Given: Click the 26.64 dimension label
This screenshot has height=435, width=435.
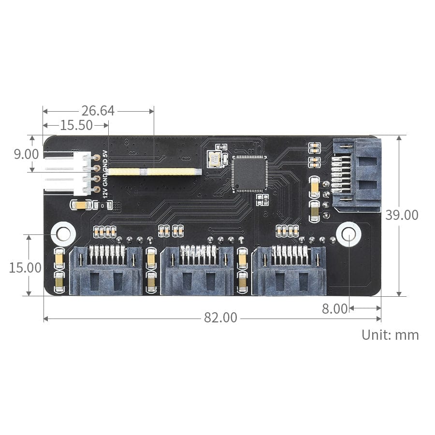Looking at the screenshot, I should (x=98, y=111).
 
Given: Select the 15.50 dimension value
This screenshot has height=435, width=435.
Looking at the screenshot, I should (x=76, y=126).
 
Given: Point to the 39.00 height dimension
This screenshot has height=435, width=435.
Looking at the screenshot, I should (x=402, y=215).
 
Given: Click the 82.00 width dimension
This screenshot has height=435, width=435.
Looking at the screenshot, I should (x=220, y=318).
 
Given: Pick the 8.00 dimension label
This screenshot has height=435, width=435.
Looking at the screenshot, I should (x=334, y=309).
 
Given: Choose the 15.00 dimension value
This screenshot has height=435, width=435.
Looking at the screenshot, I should (x=25, y=267).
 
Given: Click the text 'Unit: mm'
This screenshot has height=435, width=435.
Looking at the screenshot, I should (x=390, y=334).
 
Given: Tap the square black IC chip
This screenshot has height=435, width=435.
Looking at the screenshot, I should (x=249, y=173).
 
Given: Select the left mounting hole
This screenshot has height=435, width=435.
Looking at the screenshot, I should (x=63, y=233).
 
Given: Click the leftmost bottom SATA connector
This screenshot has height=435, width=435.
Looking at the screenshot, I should (x=106, y=271).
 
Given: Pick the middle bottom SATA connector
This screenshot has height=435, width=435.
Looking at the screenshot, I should (x=197, y=271).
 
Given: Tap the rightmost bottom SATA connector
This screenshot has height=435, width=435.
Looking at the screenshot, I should (x=289, y=271).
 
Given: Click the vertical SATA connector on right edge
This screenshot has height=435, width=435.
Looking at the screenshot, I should (x=357, y=174).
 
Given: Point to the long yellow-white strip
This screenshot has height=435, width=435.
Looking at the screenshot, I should (x=154, y=172).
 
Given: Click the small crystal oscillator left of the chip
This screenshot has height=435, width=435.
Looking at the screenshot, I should (x=213, y=159).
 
